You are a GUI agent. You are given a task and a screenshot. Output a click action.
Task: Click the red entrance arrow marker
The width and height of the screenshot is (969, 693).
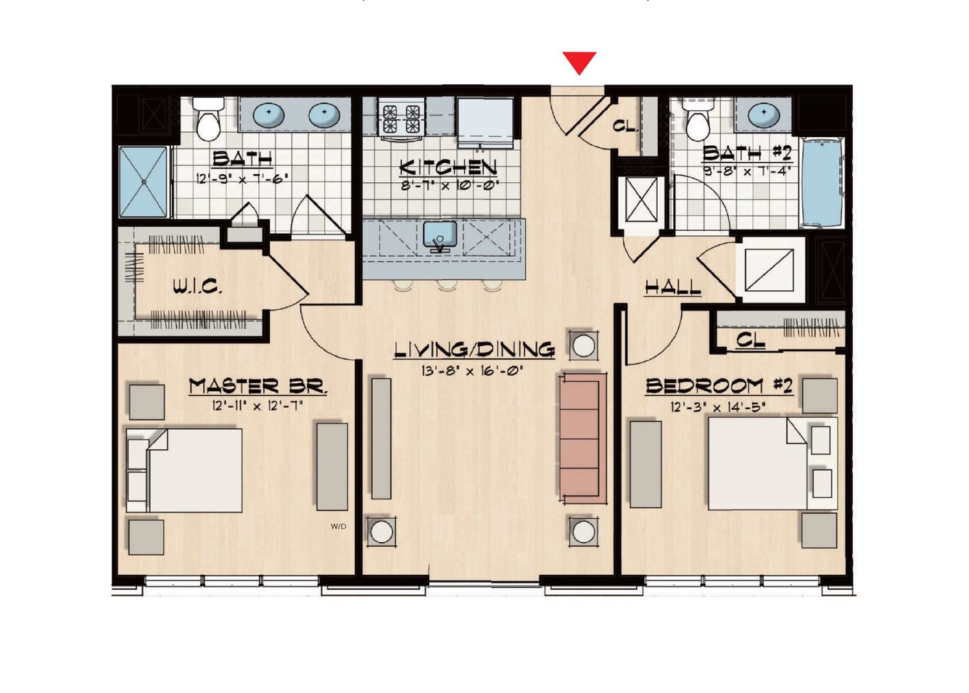pos(580,63)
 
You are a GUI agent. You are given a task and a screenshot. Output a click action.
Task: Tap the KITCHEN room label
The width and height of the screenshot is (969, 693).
pos(448,168)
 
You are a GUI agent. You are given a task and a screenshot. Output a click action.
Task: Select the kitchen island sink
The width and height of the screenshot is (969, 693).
pos(440,236)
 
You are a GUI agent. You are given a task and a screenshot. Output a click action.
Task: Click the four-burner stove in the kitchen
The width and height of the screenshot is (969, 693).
pos(401,118)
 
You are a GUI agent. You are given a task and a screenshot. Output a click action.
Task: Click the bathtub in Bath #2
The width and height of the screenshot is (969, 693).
pos(822,182)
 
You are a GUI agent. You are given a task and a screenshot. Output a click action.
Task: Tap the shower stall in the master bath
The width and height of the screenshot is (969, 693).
pos(143,181)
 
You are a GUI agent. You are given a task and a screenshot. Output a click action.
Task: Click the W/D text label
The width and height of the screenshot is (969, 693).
pos(339,527)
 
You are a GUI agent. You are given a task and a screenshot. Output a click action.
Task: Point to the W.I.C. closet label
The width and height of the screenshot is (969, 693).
pos(198,287)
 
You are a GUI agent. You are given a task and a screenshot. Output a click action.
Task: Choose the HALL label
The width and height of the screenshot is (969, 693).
pos(672,287)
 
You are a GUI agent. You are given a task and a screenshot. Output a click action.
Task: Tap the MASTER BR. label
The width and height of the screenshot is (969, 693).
pos(258,386)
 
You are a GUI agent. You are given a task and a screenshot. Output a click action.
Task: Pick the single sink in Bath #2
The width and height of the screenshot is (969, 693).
pos(764,114)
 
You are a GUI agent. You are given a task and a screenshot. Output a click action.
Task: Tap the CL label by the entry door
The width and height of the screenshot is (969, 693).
pos(626,126)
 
